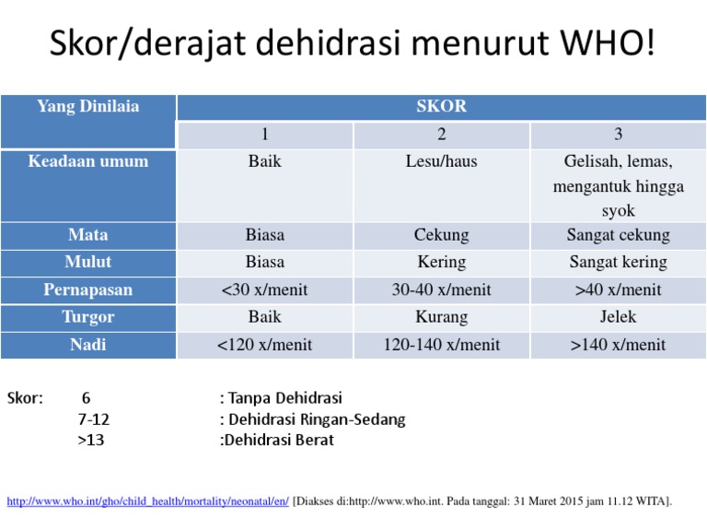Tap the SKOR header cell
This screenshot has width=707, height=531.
pos(441,107)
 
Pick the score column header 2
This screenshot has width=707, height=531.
pos(441,135)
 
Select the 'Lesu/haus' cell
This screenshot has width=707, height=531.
pos(441,162)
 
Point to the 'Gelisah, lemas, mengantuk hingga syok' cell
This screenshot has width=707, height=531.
pos(618,186)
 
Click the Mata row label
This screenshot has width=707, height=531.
pos(88,235)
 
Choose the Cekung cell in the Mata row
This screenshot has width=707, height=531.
pos(441,235)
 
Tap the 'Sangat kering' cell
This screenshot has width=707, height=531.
pos(618,263)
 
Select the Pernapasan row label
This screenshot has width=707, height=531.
pos(88,290)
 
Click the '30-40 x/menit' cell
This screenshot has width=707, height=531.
pos(441,290)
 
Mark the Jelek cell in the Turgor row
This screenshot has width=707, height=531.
pos(618,318)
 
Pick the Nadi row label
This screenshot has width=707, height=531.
pos(88,346)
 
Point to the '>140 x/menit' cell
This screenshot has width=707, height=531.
pos(618,346)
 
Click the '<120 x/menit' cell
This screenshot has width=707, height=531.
pos(264,346)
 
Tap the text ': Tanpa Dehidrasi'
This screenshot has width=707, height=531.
pos(281,399)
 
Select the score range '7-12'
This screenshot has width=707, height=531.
pos(94,419)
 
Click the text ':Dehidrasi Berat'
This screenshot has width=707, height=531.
pos(277,440)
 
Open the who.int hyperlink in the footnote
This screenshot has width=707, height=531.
pos(147,501)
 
